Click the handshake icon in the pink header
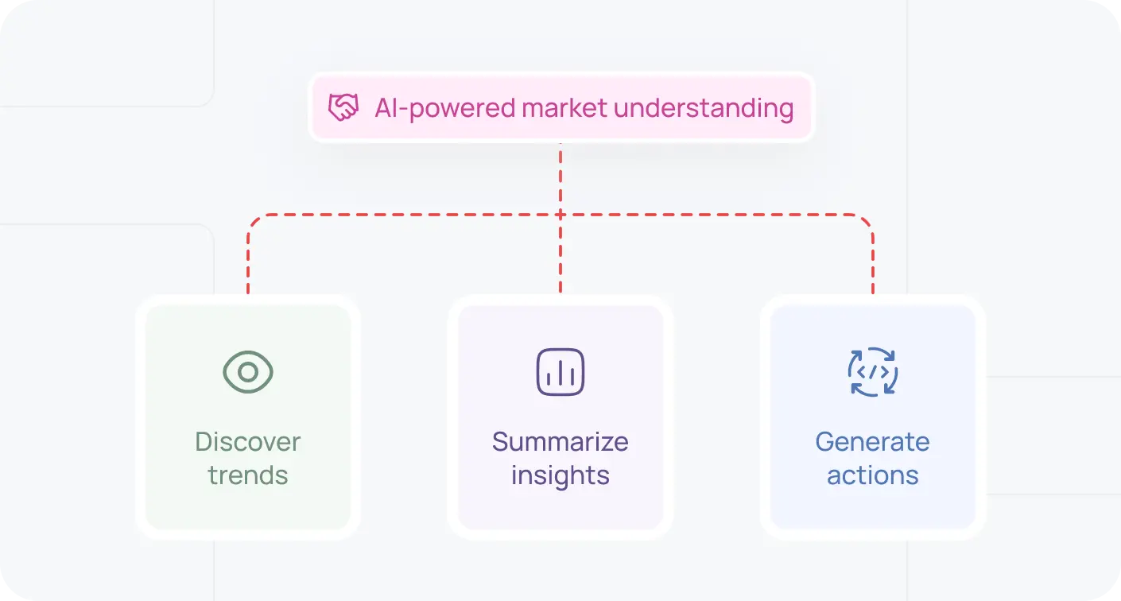pos(343,108)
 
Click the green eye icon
pos(248,372)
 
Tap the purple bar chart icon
pos(560,372)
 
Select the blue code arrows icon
pos(872,372)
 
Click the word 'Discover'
pos(248,442)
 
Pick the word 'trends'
pos(248,475)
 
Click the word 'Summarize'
pos(560,442)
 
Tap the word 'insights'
pos(560,475)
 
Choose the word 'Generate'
pos(872,442)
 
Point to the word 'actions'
pos(872,475)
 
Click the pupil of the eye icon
pos(248,372)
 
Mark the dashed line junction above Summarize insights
pos(560,215)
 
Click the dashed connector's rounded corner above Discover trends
pos(254,220)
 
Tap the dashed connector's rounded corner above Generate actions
pos(867,220)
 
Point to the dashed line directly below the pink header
pos(560,171)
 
